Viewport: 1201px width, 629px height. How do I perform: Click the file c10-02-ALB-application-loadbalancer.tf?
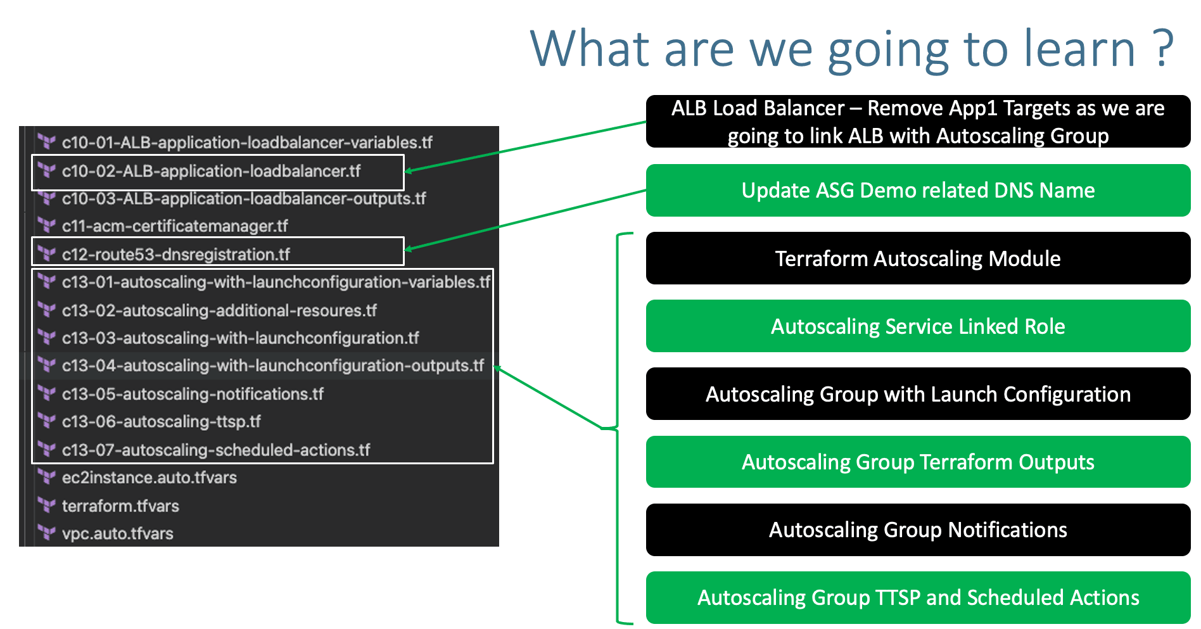tap(211, 172)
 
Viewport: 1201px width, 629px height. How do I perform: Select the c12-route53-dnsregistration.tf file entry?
tap(175, 255)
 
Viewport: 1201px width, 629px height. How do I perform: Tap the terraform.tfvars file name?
tap(120, 506)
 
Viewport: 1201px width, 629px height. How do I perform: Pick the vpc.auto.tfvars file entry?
tap(117, 534)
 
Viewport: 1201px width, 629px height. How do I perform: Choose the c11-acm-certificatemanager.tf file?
tap(175, 227)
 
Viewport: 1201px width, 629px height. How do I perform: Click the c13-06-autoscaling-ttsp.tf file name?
tap(161, 422)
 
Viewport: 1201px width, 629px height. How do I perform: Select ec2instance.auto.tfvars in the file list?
tap(149, 478)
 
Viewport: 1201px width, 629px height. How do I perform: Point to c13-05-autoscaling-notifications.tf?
tap(193, 395)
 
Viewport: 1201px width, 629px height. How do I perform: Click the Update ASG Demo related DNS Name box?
tap(917, 191)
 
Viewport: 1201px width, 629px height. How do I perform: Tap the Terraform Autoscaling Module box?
tap(917, 258)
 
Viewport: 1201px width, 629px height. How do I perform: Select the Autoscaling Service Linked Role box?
tap(917, 326)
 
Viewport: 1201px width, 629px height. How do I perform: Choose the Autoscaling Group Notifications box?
tap(917, 530)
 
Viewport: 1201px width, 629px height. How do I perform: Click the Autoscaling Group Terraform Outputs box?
tap(917, 462)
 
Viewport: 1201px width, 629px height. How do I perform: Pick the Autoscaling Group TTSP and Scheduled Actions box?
tap(917, 598)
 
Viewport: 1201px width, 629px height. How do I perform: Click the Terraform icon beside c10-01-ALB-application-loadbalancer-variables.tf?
tap(46, 142)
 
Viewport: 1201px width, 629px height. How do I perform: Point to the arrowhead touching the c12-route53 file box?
tap(409, 249)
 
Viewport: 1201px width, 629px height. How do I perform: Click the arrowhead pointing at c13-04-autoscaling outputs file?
tap(498, 368)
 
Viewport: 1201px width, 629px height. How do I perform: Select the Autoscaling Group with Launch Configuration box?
tap(917, 394)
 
